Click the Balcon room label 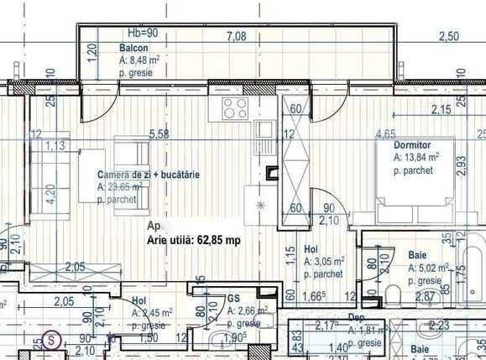tap(133, 48)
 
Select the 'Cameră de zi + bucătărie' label tap(149, 175)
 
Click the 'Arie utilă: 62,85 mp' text tap(194, 240)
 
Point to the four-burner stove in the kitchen tap(235, 108)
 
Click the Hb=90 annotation tap(143, 34)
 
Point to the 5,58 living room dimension tap(158, 134)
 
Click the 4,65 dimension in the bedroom tap(386, 134)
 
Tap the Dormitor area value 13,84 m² tap(417, 157)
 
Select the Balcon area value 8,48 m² tap(138, 60)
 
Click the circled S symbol tap(53, 341)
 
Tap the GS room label tap(234, 297)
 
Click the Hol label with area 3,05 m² tap(311, 249)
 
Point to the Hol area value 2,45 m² tap(152, 312)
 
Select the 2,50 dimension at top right tap(449, 36)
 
